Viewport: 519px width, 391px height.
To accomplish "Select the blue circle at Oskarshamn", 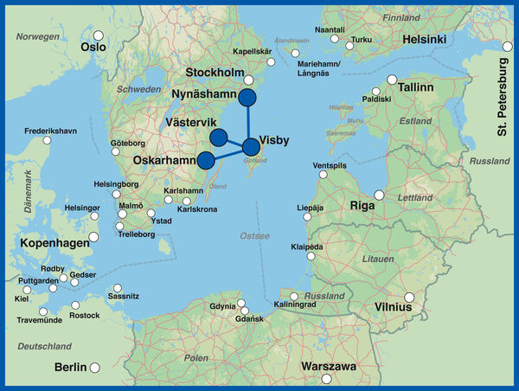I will coord(206,160).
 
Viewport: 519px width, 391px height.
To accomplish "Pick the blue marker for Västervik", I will coord(218,136).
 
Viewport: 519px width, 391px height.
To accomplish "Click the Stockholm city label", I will coord(216,72).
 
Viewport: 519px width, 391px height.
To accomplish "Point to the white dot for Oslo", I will coord(99,37).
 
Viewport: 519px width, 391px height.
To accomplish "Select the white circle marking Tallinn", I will coord(392,80).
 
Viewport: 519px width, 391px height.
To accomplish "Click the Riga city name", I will coord(361,206).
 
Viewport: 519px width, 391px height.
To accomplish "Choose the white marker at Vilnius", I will coord(410,298).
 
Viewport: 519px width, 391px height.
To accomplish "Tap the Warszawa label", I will coord(329,367).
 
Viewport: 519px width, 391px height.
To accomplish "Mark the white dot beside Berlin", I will coord(95,368).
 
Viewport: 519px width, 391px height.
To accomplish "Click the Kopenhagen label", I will coord(49,243).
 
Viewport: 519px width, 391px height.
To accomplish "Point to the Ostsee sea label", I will coord(254,235).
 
